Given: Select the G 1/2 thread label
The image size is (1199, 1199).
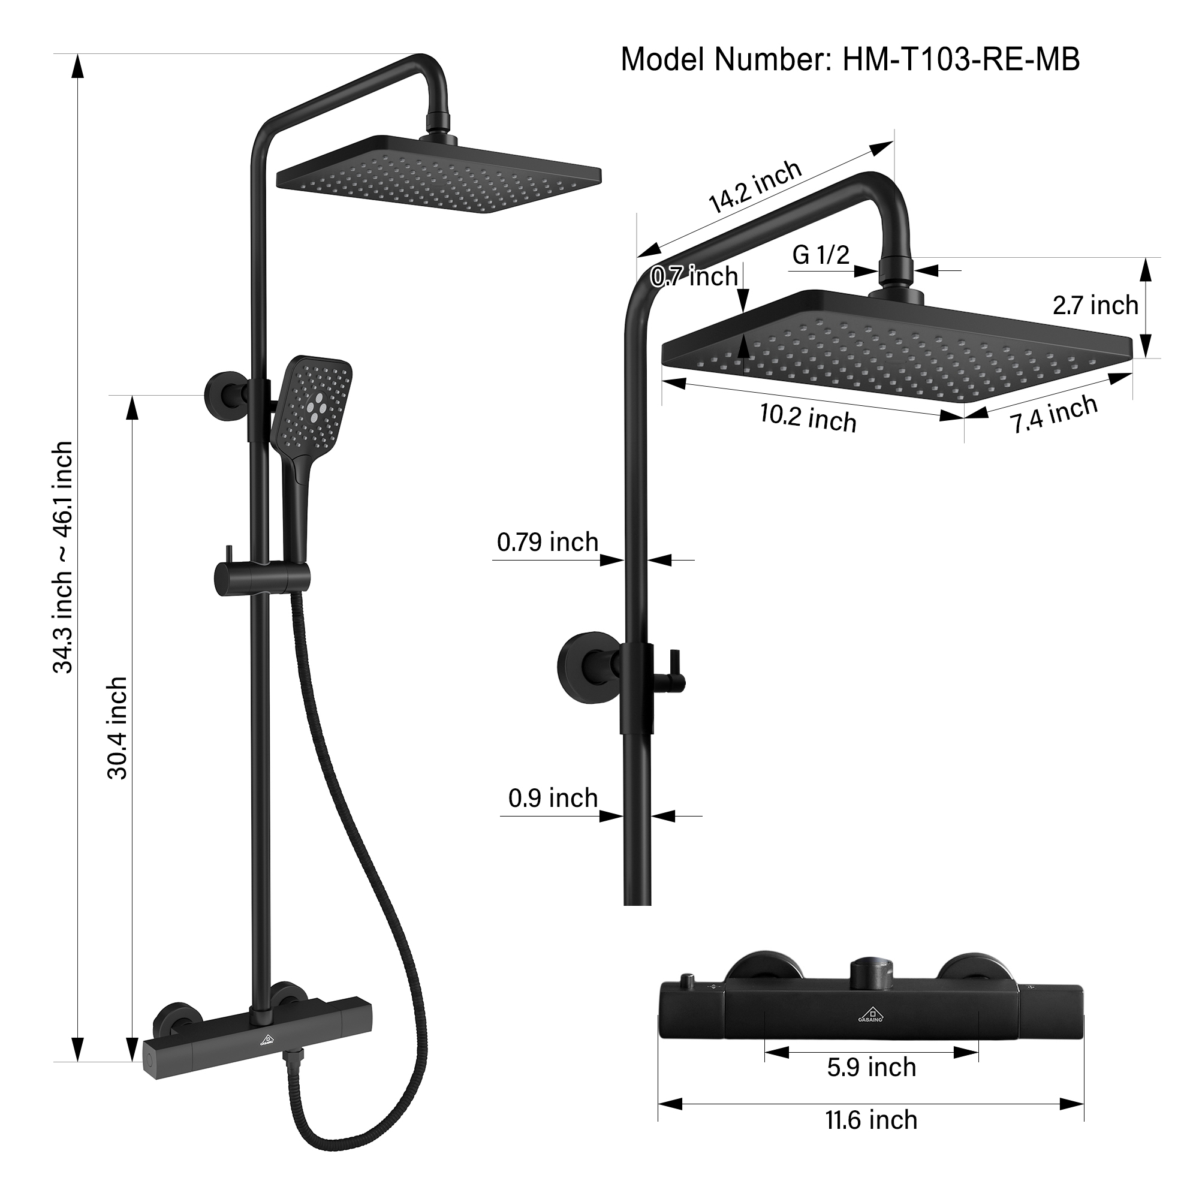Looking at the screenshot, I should tap(821, 254).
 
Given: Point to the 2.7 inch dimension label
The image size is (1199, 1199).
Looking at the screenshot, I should tap(1095, 305).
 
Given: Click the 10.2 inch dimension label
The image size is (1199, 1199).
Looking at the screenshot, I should tap(808, 417).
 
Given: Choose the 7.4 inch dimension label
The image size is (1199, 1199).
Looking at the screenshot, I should tap(1054, 414).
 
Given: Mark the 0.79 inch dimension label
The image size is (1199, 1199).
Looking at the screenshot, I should tap(547, 543).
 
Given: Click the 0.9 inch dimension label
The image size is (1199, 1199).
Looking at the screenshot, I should tap(552, 798).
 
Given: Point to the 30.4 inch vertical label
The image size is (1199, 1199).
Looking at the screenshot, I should tap(118, 728).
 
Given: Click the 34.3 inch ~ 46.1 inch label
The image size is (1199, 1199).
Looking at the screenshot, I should tap(63, 558).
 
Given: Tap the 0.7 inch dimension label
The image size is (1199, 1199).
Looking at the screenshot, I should tap(694, 277).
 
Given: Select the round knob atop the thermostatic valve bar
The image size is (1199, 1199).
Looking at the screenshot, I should tap(871, 972).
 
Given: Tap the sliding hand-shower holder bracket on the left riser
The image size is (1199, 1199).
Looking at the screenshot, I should tap(261, 577).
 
